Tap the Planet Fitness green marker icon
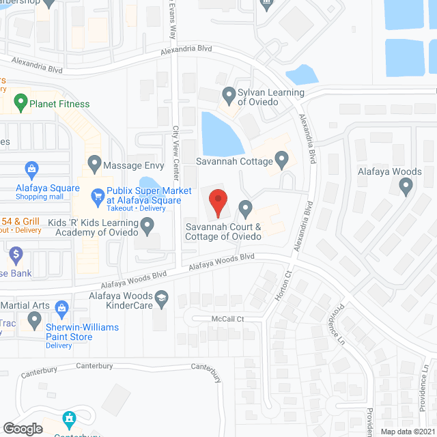[20, 104]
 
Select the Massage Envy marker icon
[94, 165]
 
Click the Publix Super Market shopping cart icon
[97, 195]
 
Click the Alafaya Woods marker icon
[408, 186]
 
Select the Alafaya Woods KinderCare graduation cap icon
[161, 297]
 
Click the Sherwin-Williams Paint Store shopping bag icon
[62, 308]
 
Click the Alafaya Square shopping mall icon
[31, 168]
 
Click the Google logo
[23, 428]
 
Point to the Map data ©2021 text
[407, 432]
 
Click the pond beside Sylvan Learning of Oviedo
[221, 133]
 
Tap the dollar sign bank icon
[16, 256]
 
